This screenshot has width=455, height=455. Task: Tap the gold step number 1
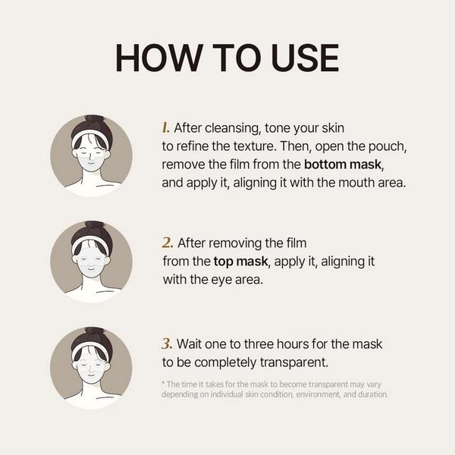(x=165, y=127)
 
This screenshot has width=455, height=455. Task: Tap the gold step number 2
(x=168, y=243)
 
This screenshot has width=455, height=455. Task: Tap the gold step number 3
(x=167, y=344)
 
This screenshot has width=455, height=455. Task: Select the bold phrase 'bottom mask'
(x=343, y=165)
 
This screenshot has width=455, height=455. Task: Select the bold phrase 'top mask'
(x=240, y=261)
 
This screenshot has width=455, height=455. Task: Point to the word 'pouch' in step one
(x=388, y=146)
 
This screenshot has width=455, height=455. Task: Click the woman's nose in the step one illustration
(x=90, y=158)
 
